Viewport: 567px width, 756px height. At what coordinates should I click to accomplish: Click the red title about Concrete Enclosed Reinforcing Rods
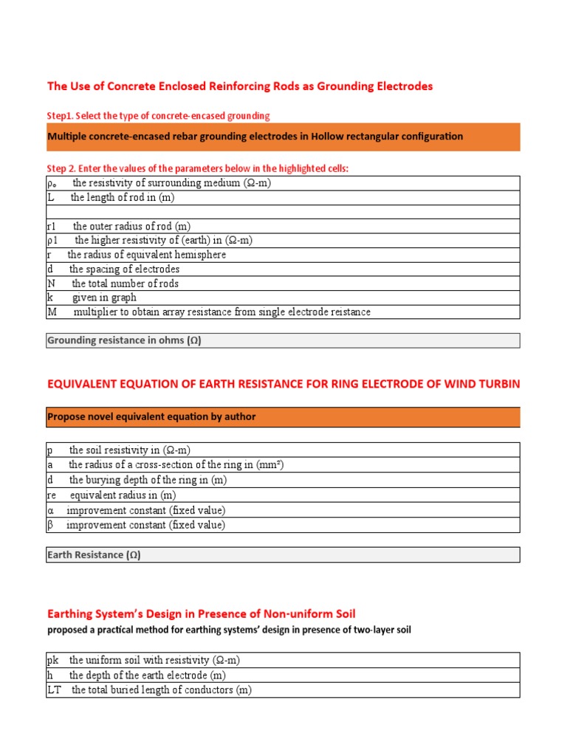tap(240, 86)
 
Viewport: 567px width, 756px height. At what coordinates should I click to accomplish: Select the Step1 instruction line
tap(158, 116)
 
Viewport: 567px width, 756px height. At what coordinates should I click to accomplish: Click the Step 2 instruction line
tap(197, 168)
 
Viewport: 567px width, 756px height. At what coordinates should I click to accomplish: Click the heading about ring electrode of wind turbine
tap(283, 384)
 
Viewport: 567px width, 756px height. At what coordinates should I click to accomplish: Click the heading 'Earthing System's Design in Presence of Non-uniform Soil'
tap(202, 614)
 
